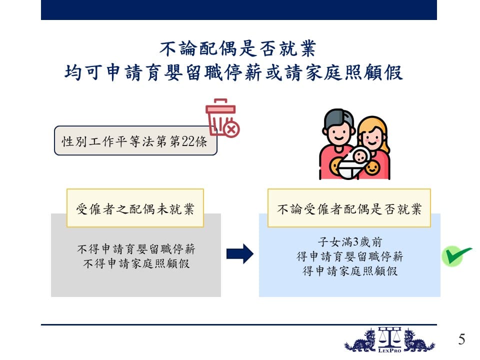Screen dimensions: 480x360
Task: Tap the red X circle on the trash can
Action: (x=231, y=129)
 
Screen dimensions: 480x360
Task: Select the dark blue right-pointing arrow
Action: (x=240, y=254)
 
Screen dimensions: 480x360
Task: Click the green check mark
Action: (x=456, y=256)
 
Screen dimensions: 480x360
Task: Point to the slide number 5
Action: (x=461, y=339)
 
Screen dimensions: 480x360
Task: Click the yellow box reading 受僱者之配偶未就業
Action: (x=135, y=208)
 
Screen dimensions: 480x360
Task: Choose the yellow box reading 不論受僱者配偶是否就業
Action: (x=349, y=208)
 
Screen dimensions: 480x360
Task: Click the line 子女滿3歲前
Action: (x=350, y=242)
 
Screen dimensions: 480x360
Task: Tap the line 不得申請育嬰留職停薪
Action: (x=136, y=249)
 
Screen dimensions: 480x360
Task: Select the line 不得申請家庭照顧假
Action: (x=136, y=263)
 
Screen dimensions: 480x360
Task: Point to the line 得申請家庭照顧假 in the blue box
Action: (x=350, y=270)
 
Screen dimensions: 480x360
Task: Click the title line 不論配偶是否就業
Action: (x=238, y=48)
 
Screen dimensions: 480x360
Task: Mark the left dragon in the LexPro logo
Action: (x=361, y=340)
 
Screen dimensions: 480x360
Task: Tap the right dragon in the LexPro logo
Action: (x=418, y=340)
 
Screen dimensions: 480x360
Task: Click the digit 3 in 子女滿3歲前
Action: (x=355, y=242)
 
